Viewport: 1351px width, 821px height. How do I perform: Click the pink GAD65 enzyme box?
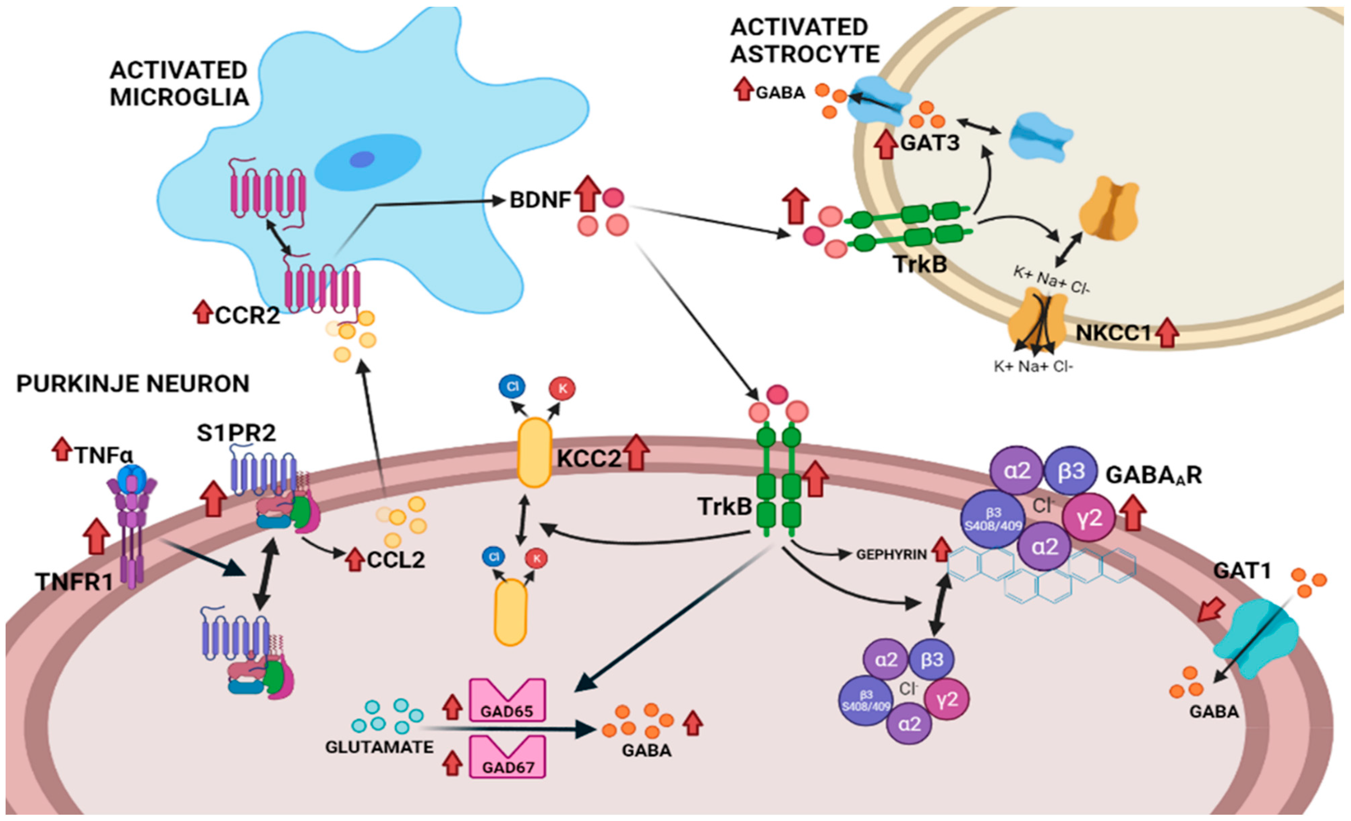(x=507, y=700)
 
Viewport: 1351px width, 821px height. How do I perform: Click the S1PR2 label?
(x=236, y=433)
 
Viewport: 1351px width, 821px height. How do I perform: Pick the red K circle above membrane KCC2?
(x=563, y=389)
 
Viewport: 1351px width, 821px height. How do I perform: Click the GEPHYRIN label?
(x=892, y=555)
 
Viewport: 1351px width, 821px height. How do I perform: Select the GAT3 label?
(x=930, y=143)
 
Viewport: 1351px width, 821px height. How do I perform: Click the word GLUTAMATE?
(x=379, y=747)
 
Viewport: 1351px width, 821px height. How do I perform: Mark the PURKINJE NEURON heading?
(x=133, y=384)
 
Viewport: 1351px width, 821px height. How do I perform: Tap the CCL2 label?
(x=396, y=559)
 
